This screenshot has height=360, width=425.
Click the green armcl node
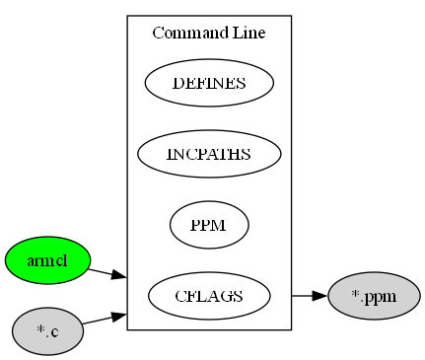tap(47, 260)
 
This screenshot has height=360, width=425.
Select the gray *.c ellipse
tap(47, 331)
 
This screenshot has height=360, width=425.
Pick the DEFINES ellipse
tap(209, 83)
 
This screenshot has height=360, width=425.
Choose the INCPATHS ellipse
tap(209, 154)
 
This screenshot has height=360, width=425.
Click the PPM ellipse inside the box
tap(209, 225)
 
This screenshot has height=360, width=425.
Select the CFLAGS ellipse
tap(209, 296)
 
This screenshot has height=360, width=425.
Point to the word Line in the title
tap(244, 34)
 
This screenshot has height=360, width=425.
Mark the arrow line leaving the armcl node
tap(101, 270)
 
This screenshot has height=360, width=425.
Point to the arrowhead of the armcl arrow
tap(118, 275)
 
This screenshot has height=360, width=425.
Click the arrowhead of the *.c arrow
tap(118, 316)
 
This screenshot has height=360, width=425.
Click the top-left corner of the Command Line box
tap(127, 16)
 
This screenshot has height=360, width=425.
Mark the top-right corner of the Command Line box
tap(291, 16)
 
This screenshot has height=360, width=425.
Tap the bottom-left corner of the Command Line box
tap(127, 329)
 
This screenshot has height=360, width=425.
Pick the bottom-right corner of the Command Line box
tap(291, 329)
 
